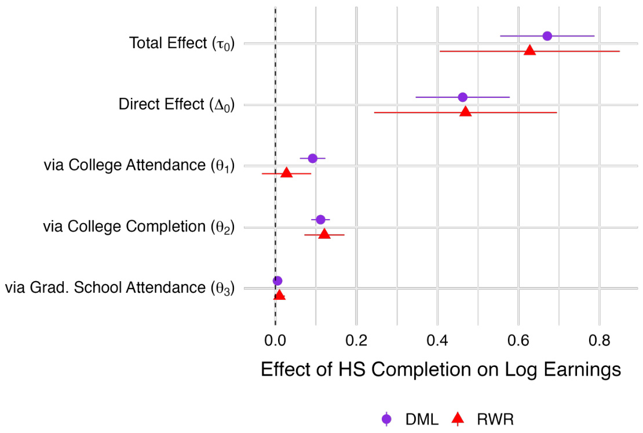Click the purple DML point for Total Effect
(547, 36)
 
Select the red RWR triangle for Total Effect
(529, 51)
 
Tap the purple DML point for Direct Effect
(462, 97)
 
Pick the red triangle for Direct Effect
(466, 112)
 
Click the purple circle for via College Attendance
(313, 158)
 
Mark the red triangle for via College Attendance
(286, 173)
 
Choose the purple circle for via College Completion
(320, 219)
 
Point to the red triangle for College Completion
(324, 234)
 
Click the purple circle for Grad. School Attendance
(277, 281)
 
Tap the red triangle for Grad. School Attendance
(279, 296)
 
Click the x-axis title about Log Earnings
(441, 370)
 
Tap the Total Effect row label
(181, 43)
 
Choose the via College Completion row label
(138, 227)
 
